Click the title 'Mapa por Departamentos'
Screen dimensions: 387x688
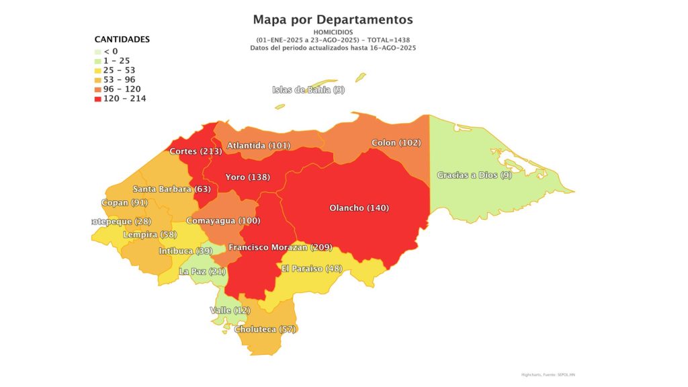tap(333, 19)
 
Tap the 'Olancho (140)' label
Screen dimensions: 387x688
tap(359, 208)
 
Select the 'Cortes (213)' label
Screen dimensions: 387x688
tap(196, 151)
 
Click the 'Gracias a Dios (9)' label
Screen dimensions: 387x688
tap(474, 175)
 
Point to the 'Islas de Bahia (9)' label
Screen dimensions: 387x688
tap(308, 90)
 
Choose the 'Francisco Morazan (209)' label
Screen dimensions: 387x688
tap(280, 248)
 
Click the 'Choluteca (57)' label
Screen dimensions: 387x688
tap(265, 329)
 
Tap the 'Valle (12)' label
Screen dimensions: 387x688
tap(230, 310)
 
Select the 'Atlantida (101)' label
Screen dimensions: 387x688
tap(257, 145)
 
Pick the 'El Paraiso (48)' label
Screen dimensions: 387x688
tap(312, 269)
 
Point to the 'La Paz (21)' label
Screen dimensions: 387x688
tap(202, 271)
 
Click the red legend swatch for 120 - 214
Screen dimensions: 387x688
tap(98, 99)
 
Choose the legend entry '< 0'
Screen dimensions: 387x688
tap(111, 52)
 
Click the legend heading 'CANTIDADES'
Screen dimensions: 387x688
tap(122, 40)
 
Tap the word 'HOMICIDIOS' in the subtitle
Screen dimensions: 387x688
tap(333, 32)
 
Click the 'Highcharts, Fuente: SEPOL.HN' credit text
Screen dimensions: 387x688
tap(549, 374)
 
